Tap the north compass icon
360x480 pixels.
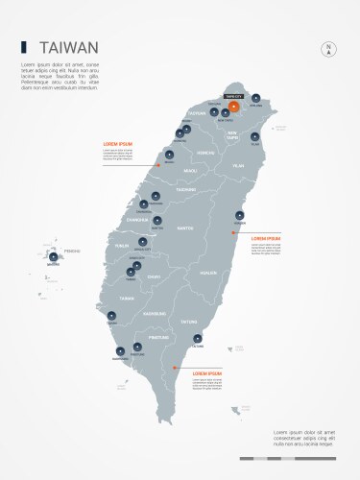328,49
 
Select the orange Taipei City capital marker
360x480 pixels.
233,107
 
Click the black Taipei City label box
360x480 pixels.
233,97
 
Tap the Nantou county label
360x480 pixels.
186,228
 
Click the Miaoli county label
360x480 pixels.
190,171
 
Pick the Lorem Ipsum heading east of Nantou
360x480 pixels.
265,237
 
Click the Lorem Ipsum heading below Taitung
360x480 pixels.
207,372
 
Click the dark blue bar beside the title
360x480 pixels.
23,46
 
